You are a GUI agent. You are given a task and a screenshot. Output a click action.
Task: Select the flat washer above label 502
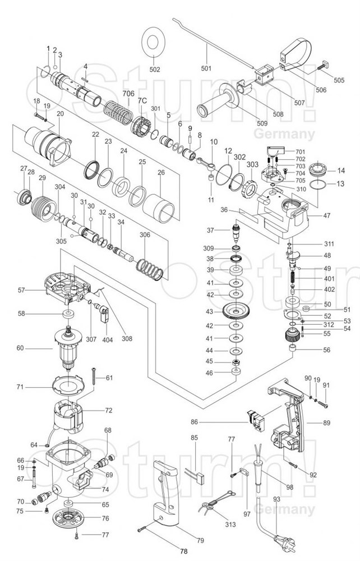click(155, 40)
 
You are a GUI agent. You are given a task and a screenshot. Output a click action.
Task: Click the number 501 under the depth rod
click(206, 68)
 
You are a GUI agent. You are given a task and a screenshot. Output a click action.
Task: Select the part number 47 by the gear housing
click(327, 214)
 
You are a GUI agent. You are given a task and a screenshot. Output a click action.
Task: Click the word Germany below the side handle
click(284, 134)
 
